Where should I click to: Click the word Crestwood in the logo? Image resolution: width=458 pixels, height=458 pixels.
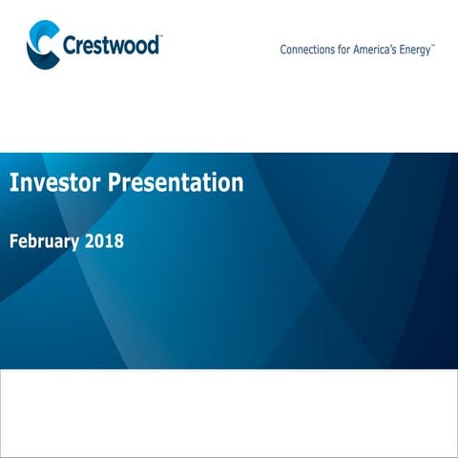coord(111,46)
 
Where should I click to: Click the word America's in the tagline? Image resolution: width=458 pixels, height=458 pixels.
coord(379,50)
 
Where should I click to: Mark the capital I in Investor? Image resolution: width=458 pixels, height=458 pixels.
coord(13,182)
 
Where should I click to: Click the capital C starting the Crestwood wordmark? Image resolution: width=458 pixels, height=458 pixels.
coord(70,46)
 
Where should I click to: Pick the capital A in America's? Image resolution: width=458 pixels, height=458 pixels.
coord(362,50)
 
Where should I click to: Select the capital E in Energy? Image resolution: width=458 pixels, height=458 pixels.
coord(405,50)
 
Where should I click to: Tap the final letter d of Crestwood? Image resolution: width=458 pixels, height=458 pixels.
coord(154,46)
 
